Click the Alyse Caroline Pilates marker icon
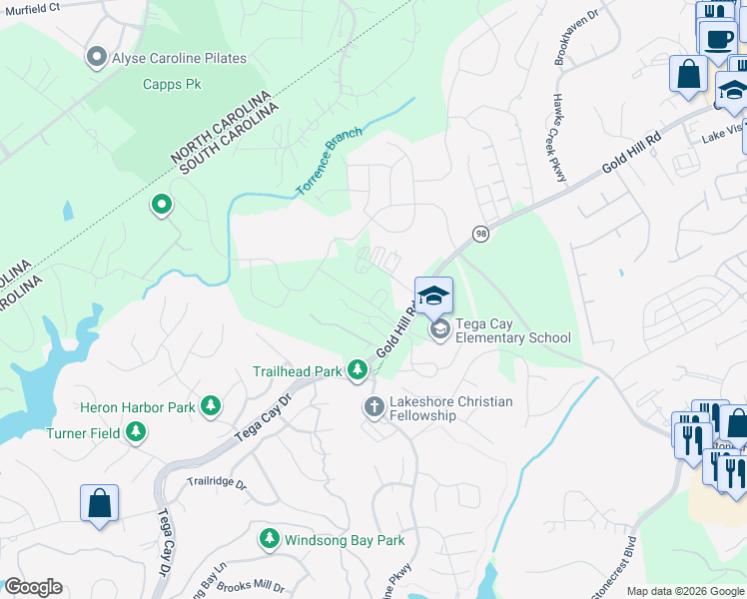coord(97,58)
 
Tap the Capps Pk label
coord(172,85)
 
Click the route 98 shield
coord(481,233)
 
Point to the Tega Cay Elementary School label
coord(513,330)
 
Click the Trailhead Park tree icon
coord(358,371)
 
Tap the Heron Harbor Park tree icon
coord(210,406)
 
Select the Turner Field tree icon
coord(136,433)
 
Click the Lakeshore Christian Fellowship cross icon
coord(373,407)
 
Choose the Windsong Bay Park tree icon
coord(269,540)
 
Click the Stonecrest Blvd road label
coord(614,570)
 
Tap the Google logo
coord(32,587)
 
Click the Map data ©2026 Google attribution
coord(685,591)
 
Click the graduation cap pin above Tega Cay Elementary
coord(433,296)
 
